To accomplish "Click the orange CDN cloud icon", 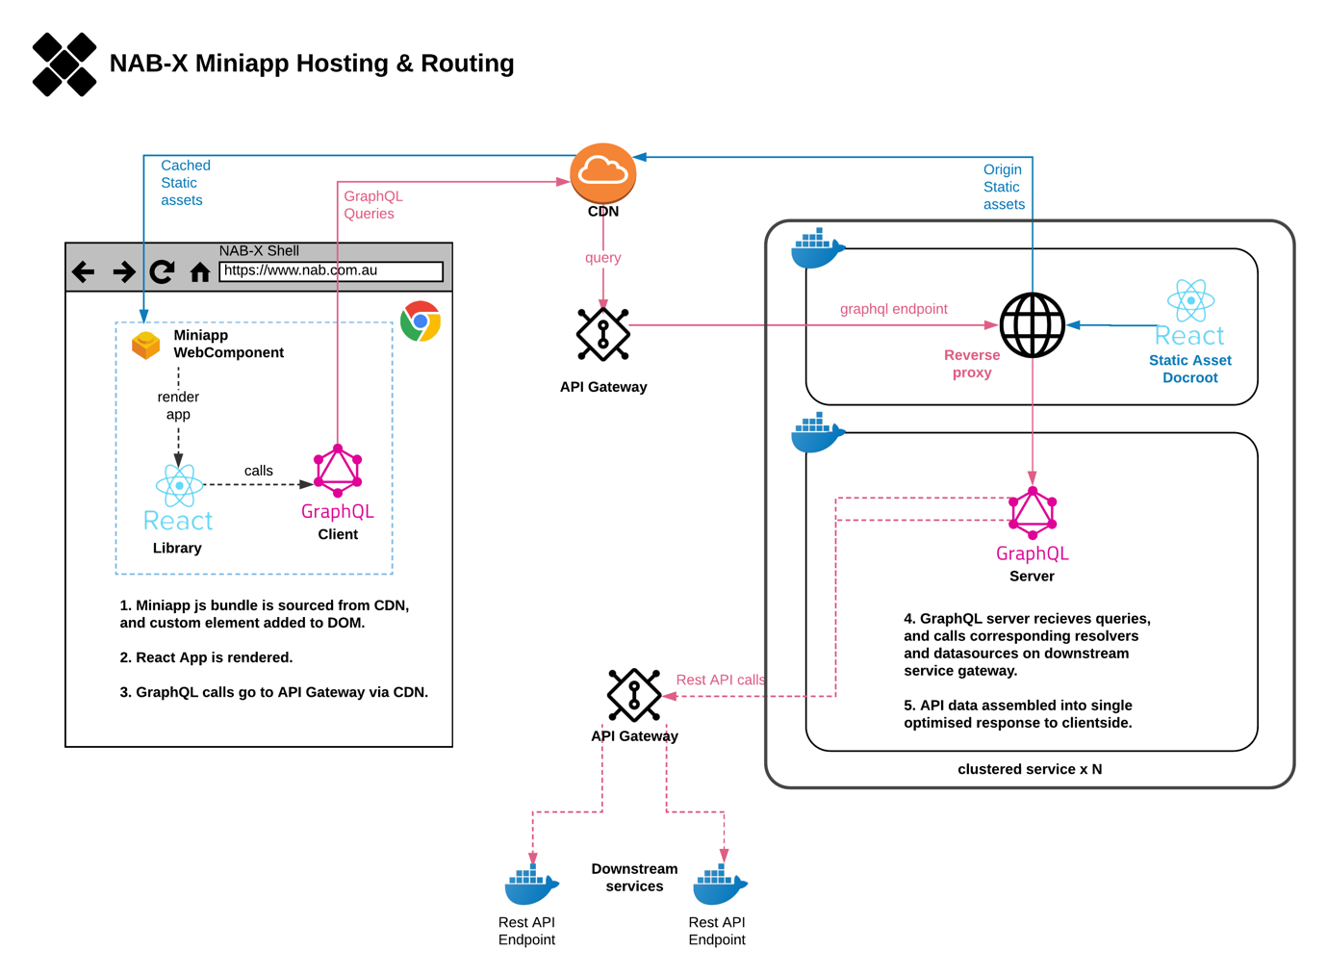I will coord(603,173).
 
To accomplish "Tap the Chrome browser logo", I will coord(421,321).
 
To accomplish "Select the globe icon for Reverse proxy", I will coord(1032,325).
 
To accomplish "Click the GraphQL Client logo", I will coord(338,469).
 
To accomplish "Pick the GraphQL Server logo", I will coord(1033,512).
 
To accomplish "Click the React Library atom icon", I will coord(179,485).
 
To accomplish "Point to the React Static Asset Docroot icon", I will coord(1190,301).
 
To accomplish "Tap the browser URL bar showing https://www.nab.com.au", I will coord(330,271).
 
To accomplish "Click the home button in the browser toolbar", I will coord(200,272).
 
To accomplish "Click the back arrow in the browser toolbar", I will coord(84,272).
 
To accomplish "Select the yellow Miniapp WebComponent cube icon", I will coord(146,345).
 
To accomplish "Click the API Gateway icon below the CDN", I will coord(603,334).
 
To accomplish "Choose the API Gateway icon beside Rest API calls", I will coord(634,695).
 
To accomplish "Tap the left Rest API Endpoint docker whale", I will coord(530,886).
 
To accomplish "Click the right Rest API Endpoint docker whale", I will coord(719,886).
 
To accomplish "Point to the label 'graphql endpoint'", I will coord(893,309).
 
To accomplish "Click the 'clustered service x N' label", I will coord(1030,769).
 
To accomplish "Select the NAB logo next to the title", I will coord(64,64).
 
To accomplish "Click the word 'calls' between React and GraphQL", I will coord(258,471).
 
